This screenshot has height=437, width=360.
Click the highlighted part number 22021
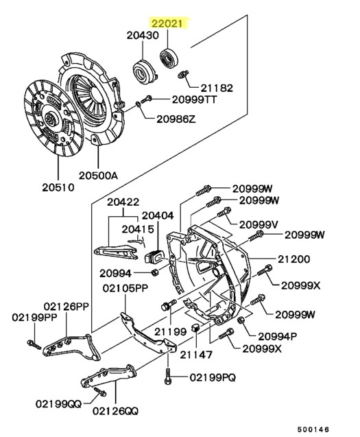[168, 25]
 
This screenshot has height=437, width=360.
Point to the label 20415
[139, 228]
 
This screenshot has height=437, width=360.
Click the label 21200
[295, 259]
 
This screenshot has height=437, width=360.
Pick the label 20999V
[259, 224]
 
